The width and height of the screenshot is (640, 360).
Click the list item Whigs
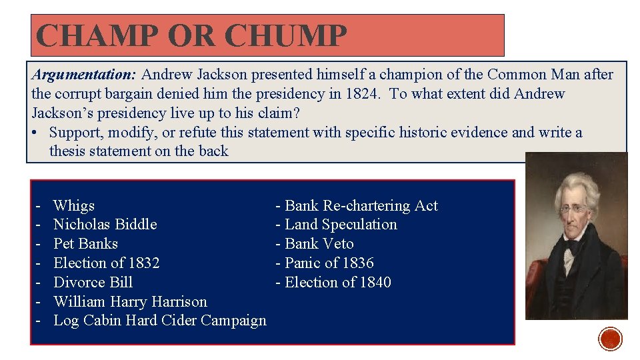pyautogui.click(x=74, y=205)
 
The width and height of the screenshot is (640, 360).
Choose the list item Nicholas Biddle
pyautogui.click(x=105, y=225)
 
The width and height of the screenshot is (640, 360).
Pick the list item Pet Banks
pyautogui.click(x=85, y=244)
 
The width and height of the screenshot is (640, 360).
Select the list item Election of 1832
pyautogui.click(x=106, y=263)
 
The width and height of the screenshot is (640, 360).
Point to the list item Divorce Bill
pyautogui.click(x=93, y=282)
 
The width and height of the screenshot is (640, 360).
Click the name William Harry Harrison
pyautogui.click(x=130, y=301)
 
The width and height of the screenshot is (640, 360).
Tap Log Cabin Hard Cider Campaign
pyautogui.click(x=159, y=321)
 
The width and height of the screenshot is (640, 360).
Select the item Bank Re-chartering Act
pyautogui.click(x=361, y=205)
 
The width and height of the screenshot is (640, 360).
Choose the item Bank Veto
pyautogui.click(x=319, y=244)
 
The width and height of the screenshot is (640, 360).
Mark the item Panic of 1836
pyautogui.click(x=329, y=263)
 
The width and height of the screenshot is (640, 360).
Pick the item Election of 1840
pyautogui.click(x=337, y=282)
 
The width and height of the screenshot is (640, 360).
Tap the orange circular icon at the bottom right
pyautogui.click(x=610, y=339)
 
